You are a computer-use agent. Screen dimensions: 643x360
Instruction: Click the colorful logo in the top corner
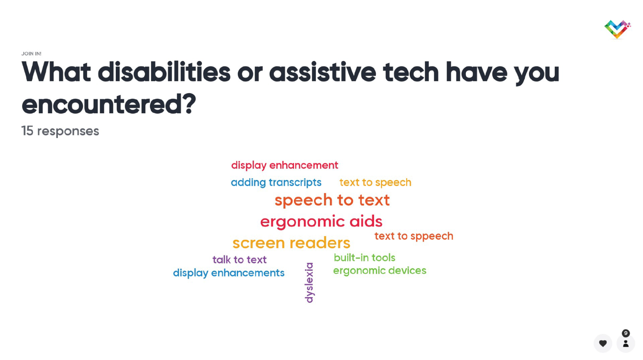click(x=617, y=29)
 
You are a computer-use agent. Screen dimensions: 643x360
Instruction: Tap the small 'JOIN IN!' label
click(x=31, y=54)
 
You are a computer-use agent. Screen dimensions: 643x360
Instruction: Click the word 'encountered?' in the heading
click(x=109, y=104)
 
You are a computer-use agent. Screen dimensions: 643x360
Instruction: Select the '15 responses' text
click(x=60, y=131)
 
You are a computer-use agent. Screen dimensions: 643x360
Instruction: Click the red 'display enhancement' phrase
click(x=285, y=166)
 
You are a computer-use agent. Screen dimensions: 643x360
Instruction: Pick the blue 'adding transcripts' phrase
click(x=276, y=182)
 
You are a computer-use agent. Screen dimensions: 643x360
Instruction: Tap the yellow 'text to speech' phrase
click(x=375, y=182)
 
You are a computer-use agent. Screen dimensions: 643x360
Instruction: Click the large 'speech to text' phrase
click(x=332, y=200)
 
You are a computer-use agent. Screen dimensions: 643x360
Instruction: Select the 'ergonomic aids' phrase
click(x=321, y=222)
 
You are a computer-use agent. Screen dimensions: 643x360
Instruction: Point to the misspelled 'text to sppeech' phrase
click(x=414, y=236)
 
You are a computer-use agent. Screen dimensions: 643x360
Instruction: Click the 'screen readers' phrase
click(x=291, y=243)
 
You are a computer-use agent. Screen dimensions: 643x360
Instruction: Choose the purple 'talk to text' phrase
click(x=240, y=260)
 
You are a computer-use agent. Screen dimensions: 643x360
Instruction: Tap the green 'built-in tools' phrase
click(x=365, y=258)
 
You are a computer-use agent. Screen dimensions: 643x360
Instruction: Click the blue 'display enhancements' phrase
click(x=229, y=273)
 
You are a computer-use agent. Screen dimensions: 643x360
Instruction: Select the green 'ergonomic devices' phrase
click(x=380, y=271)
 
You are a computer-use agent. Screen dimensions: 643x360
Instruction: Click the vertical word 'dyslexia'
click(x=309, y=283)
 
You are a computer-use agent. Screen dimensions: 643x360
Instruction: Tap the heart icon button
click(x=603, y=344)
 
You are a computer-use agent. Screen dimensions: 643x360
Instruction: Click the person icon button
click(x=626, y=344)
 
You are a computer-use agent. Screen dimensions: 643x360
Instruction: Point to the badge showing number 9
click(x=626, y=333)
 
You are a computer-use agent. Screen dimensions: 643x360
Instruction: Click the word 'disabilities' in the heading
click(x=164, y=72)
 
